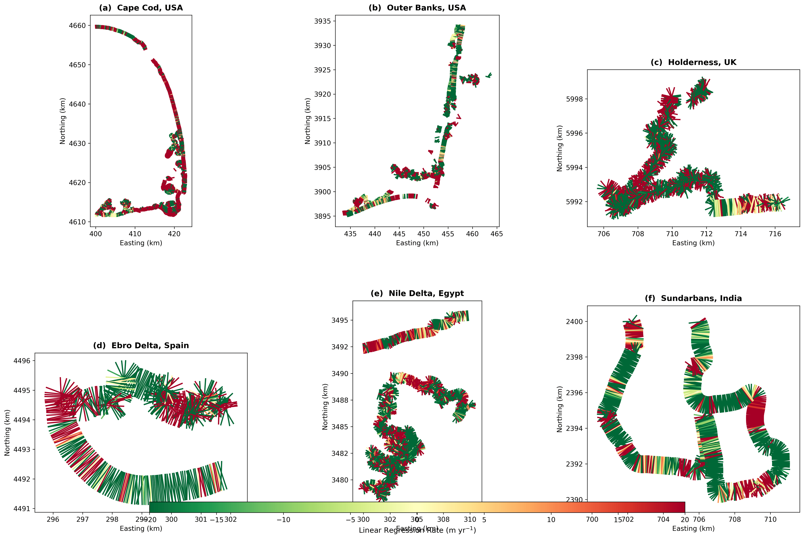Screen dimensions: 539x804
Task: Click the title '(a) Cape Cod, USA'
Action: coord(141,8)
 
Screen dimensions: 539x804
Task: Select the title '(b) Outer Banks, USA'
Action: coord(417,8)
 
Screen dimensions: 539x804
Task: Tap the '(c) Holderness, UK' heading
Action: coord(693,62)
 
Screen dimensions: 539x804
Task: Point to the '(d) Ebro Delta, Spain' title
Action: coord(141,345)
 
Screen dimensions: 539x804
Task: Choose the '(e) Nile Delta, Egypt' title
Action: coord(417,293)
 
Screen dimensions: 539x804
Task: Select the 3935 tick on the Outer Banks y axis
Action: coord(322,21)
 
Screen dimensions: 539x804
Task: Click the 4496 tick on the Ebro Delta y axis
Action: coord(22,361)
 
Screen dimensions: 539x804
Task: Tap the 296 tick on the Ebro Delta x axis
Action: coord(53,519)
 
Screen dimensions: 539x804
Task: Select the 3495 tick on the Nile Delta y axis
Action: coord(339,320)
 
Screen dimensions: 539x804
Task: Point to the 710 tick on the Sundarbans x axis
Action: coord(770,519)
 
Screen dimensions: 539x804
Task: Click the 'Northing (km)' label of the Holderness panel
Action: coord(559,148)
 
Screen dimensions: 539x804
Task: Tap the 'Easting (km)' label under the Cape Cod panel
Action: coord(141,243)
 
